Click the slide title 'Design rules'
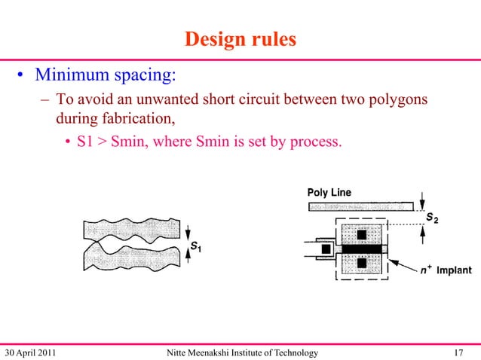point(240,39)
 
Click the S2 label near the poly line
point(432,218)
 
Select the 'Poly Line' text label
point(329,193)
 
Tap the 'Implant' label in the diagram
point(452,269)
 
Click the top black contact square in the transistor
point(361,234)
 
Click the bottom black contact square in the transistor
point(361,263)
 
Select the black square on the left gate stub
point(326,249)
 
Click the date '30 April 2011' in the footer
point(31,352)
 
